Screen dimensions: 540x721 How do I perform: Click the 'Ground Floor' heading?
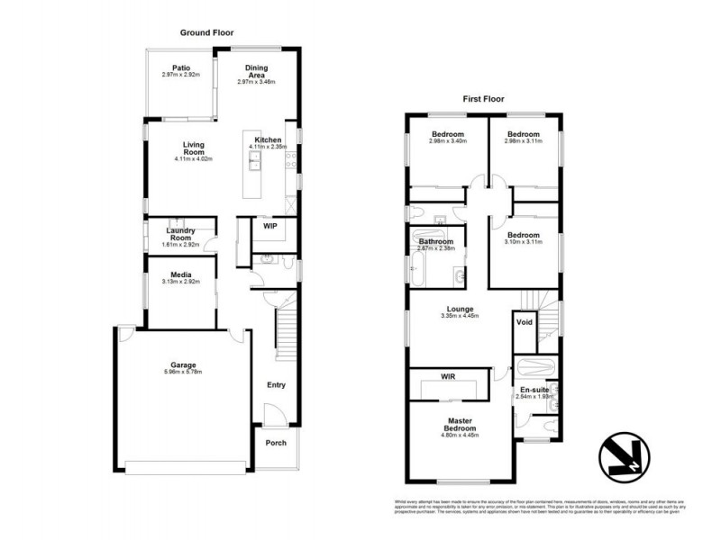click(207, 32)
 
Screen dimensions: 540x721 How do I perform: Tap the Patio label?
click(180, 67)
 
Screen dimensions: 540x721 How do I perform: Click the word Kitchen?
click(269, 140)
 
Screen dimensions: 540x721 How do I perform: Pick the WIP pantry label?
click(269, 226)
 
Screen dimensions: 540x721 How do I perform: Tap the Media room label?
click(179, 275)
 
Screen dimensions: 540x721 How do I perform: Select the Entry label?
click(276, 385)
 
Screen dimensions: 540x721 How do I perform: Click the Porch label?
click(276, 443)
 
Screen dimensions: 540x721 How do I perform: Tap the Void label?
click(524, 322)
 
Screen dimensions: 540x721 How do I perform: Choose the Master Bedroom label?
click(461, 424)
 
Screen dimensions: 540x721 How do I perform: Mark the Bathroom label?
click(435, 241)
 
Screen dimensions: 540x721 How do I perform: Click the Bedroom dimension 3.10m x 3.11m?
click(523, 241)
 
